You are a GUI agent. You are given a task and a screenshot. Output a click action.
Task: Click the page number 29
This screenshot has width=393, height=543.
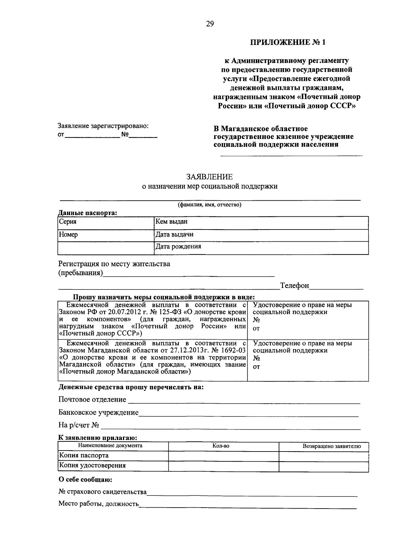(210, 24)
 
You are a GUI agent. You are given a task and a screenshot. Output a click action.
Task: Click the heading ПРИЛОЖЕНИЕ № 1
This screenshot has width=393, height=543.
(288, 42)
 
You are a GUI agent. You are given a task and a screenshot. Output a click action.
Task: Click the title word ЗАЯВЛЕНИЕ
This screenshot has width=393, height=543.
(210, 177)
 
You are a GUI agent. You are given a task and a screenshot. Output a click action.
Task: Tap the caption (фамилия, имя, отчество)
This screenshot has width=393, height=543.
(210, 205)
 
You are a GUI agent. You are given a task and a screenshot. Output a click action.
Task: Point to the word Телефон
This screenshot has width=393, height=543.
(294, 286)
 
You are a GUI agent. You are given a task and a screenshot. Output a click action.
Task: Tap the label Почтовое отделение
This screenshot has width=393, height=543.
(92, 399)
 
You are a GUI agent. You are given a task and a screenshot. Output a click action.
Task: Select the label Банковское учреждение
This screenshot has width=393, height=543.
(98, 412)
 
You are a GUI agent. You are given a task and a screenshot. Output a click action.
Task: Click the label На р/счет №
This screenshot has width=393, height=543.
(79, 425)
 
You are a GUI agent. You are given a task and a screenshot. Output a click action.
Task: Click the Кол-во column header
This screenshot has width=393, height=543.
(223, 446)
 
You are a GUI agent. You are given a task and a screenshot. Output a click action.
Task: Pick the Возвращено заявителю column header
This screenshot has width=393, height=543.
(331, 446)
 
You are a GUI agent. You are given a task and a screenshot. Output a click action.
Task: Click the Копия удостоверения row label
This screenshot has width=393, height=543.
(92, 466)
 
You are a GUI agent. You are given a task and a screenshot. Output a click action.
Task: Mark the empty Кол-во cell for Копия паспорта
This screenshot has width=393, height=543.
(223, 456)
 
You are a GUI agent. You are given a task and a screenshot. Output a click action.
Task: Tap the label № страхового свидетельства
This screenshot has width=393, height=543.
(103, 492)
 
